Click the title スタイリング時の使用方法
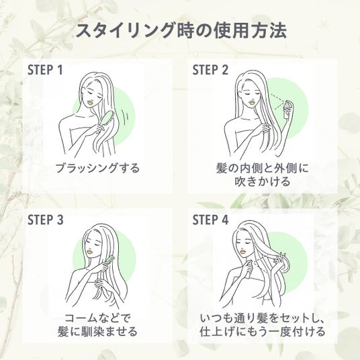[181, 30]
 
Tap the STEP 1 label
[45, 70]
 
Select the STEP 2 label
[210, 70]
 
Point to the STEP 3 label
[45, 220]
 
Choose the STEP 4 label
[210, 220]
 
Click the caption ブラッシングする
[98, 168]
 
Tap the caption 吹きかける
[263, 181]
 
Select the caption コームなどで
[97, 318]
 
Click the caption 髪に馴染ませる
[97, 332]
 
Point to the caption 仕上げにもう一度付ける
[263, 332]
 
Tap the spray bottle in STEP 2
[287, 109]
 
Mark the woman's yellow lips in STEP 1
[91, 102]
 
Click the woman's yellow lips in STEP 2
[252, 101]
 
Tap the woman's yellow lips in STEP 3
[90, 252]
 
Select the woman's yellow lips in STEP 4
[242, 252]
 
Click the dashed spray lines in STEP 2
[277, 101]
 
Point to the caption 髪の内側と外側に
[263, 168]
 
